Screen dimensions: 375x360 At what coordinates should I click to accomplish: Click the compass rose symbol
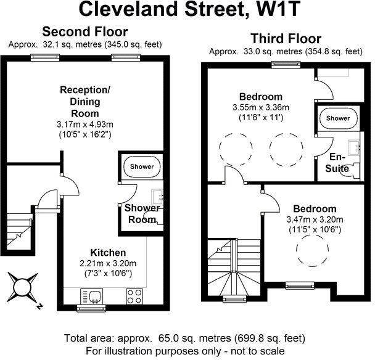point(22,287)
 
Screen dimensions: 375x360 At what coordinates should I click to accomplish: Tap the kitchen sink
point(92,297)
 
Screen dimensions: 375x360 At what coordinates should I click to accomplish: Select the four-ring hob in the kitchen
point(134,297)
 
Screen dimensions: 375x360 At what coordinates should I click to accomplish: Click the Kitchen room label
point(108,253)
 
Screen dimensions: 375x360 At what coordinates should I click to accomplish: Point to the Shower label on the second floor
point(142,166)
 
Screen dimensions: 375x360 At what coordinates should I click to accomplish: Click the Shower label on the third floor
point(338,118)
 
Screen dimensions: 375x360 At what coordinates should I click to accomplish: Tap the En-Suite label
point(337,163)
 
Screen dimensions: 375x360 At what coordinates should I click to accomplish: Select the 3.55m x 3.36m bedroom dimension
point(261,107)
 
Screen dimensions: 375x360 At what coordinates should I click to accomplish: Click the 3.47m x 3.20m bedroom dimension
point(315,219)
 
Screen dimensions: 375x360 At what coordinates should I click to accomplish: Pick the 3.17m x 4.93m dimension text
point(85,125)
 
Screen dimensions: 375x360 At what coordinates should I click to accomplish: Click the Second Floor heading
point(85,31)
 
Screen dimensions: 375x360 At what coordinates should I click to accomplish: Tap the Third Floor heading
point(286,38)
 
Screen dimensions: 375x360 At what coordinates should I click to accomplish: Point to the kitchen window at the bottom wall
point(91,308)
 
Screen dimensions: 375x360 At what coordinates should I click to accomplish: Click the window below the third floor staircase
point(234,299)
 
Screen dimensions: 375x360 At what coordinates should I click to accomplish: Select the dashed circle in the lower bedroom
point(312,250)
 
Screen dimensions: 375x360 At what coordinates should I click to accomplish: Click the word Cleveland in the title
point(128,9)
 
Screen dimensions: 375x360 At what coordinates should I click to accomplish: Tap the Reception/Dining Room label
point(85,102)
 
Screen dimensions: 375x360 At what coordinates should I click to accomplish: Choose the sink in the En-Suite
point(355,148)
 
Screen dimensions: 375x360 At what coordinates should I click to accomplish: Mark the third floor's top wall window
point(286,65)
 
